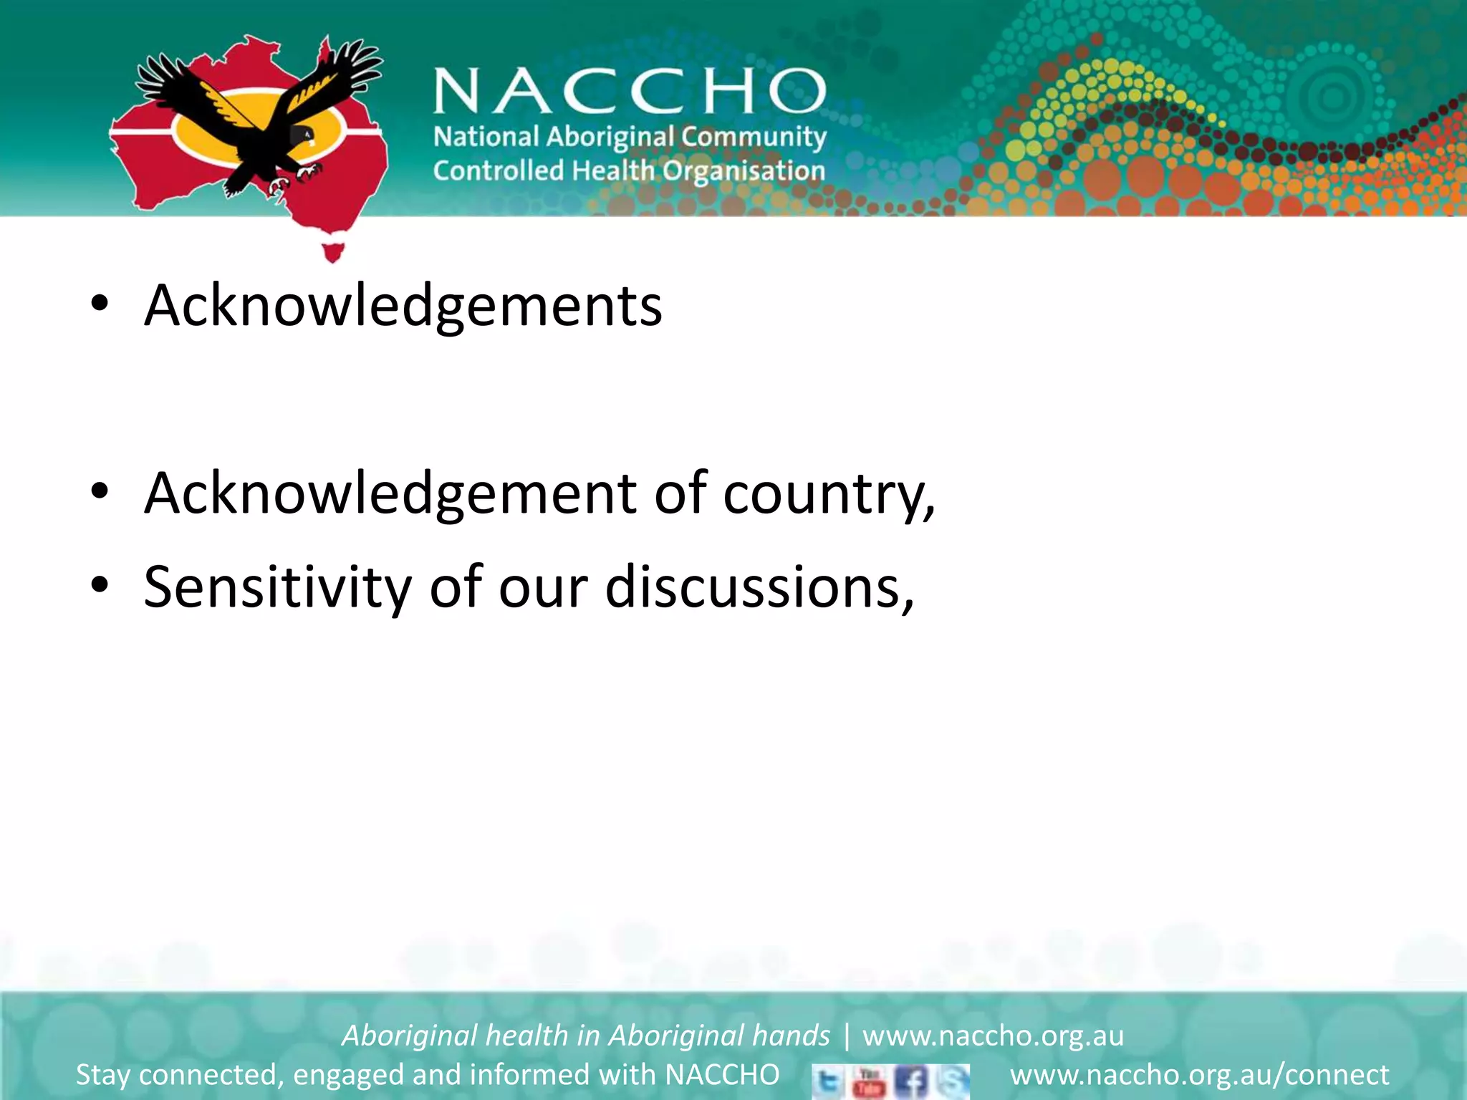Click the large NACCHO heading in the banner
pyautogui.click(x=629, y=91)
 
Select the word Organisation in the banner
pyautogui.click(x=744, y=171)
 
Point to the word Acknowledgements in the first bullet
pyautogui.click(x=403, y=306)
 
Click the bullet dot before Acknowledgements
pyautogui.click(x=100, y=304)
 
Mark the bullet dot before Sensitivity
pyautogui.click(x=100, y=586)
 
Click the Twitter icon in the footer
pyautogui.click(x=828, y=1081)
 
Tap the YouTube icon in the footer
pyautogui.click(x=870, y=1081)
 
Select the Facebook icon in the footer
pyautogui.click(x=912, y=1081)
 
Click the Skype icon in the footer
pyautogui.click(x=952, y=1081)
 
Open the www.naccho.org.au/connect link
pyautogui.click(x=1199, y=1075)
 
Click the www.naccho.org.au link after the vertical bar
pyautogui.click(x=993, y=1036)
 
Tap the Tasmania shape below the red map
pyautogui.click(x=333, y=251)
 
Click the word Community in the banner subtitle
pyautogui.click(x=754, y=136)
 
